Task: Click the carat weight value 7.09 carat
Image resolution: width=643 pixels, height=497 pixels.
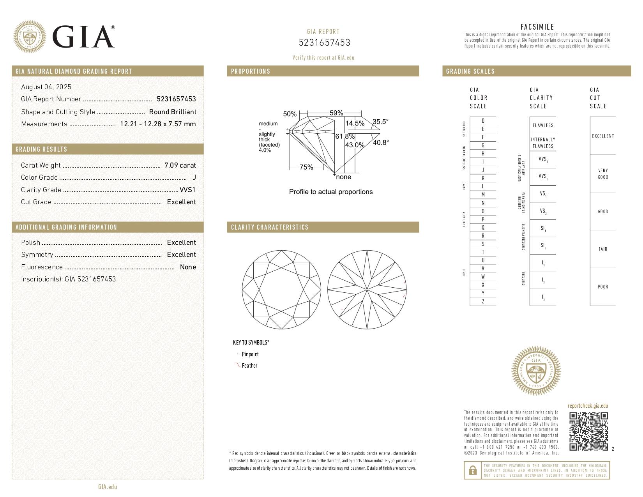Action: pos(180,165)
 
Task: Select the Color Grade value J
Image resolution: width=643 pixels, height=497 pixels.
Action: pos(194,177)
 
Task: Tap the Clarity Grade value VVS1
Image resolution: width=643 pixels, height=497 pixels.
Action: pos(187,190)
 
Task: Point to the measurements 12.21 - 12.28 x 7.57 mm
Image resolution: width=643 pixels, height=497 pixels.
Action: pos(158,124)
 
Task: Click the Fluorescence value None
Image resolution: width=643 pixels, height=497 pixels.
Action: pos(188,267)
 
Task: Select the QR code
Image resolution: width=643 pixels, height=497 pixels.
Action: pos(588,431)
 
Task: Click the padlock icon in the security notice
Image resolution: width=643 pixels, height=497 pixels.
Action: pos(472,470)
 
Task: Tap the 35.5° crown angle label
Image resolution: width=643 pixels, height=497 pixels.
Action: pos(380,122)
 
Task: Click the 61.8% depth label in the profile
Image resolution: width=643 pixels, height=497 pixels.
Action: pos(345,136)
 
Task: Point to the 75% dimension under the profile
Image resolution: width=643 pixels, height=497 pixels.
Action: pos(306,167)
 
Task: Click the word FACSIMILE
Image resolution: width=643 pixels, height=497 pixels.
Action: pos(537,27)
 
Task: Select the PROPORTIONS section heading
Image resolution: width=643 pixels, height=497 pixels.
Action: pos(251,71)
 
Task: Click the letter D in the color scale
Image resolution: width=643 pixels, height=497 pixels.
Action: pos(483,121)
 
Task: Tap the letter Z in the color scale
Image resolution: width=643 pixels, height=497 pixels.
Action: pos(483,301)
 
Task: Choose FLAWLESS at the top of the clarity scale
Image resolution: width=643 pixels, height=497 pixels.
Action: pos(543,126)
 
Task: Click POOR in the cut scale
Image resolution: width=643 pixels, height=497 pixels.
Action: pos(603,287)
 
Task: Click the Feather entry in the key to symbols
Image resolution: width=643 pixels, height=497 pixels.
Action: pos(249,366)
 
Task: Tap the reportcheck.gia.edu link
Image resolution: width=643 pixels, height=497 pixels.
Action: pos(588,406)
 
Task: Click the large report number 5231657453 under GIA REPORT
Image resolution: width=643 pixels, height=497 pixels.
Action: pos(325,42)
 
